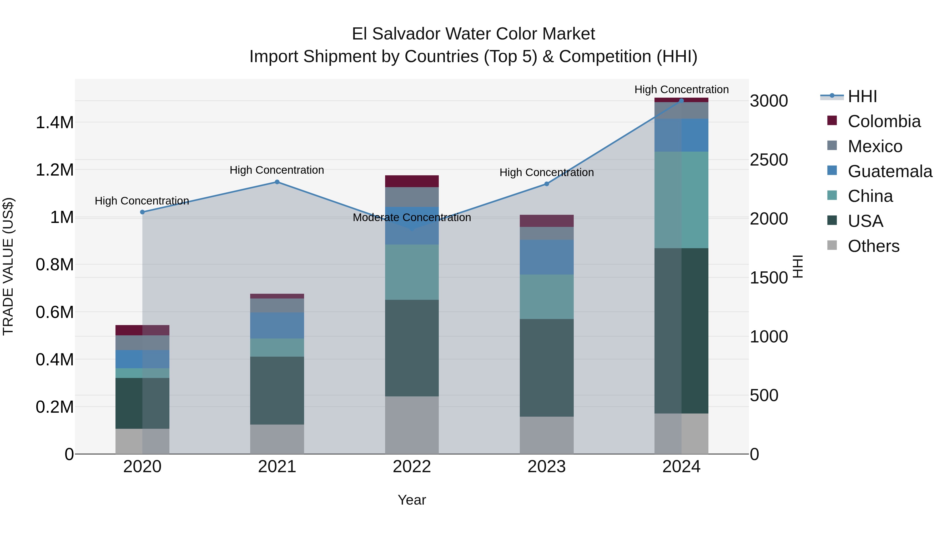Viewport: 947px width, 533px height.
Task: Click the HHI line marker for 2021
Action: point(277,182)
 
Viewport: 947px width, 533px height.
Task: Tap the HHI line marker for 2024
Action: point(681,101)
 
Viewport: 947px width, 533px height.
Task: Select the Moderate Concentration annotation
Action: point(412,217)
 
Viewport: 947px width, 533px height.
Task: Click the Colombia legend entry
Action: point(884,121)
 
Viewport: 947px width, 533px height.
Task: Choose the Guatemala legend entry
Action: point(890,171)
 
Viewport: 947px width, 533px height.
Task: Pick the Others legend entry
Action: point(873,246)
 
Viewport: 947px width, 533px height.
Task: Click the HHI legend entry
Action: point(862,96)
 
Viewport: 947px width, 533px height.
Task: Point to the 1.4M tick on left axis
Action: point(54,122)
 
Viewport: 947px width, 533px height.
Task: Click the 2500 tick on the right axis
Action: point(769,160)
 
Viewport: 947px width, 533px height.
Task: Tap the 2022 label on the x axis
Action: point(412,467)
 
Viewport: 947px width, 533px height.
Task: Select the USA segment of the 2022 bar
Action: point(412,348)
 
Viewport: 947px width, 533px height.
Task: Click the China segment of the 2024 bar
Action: point(681,200)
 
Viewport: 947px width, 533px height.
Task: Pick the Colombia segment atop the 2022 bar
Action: point(412,181)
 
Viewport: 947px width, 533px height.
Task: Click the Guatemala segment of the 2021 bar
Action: point(277,326)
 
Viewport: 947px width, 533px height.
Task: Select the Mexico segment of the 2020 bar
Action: point(142,342)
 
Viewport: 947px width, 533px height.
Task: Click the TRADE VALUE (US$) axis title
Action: point(8,266)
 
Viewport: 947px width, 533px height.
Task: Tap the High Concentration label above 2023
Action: point(546,172)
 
